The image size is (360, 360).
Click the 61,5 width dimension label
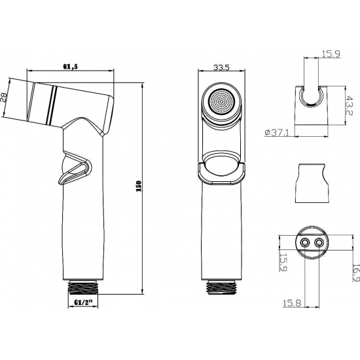tap(72, 67)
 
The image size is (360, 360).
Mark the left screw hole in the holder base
tap(304, 242)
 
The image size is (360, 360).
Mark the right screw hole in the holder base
tap(319, 242)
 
